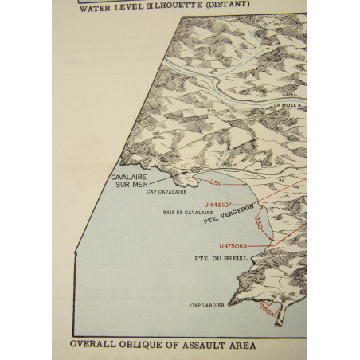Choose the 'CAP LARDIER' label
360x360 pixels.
(205, 304)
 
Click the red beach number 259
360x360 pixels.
(216, 184)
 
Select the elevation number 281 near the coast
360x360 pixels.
(157, 132)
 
